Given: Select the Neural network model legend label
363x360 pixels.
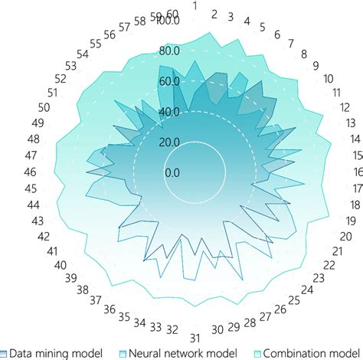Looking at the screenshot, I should click(x=177, y=352).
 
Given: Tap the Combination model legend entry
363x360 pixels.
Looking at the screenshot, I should click(x=309, y=352).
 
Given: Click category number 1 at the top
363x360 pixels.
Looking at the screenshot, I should click(x=195, y=7).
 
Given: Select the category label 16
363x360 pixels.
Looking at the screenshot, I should click(x=358, y=172).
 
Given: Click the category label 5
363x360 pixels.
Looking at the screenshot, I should click(x=263, y=28).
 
